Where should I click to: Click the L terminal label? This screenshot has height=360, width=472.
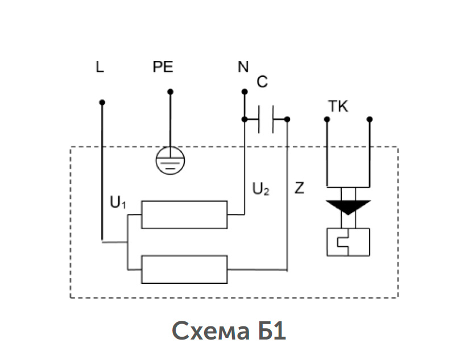click(x=100, y=67)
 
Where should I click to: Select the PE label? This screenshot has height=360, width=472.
click(x=163, y=67)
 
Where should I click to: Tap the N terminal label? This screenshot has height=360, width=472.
click(x=243, y=67)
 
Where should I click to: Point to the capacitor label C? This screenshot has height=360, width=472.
click(x=262, y=81)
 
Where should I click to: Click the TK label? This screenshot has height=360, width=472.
click(x=338, y=106)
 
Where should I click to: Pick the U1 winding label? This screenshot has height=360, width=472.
click(x=118, y=202)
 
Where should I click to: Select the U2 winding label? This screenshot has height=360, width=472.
click(x=260, y=189)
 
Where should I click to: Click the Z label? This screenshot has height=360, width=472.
click(x=299, y=188)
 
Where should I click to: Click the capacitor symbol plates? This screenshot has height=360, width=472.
click(x=266, y=119)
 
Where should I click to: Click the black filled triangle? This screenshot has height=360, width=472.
click(x=348, y=207)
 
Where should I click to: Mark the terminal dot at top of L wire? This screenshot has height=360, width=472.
click(x=102, y=102)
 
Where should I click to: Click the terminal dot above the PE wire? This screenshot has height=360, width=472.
click(x=170, y=92)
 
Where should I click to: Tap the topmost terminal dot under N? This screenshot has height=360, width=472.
click(x=245, y=92)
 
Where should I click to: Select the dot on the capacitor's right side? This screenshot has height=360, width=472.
click(x=287, y=119)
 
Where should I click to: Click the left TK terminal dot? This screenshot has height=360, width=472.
click(x=327, y=119)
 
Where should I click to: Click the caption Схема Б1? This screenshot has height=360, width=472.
click(x=229, y=331)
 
